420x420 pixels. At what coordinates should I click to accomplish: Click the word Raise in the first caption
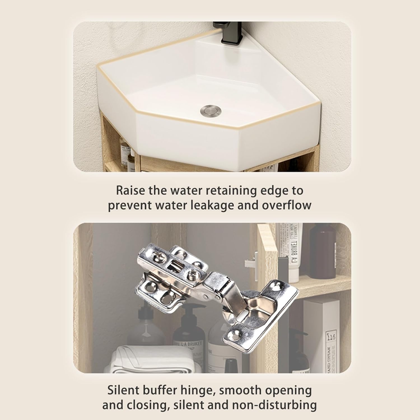(130, 190)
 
